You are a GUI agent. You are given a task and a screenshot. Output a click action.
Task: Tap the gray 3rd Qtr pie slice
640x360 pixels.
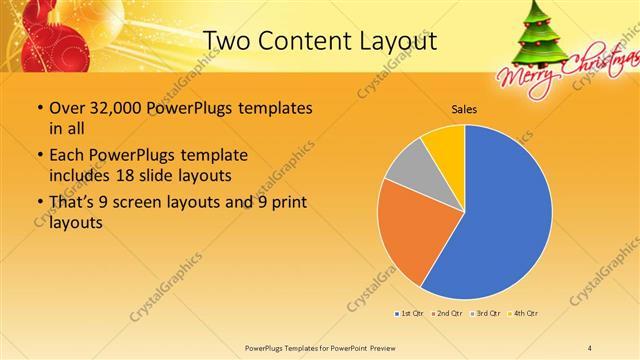[x=408, y=168]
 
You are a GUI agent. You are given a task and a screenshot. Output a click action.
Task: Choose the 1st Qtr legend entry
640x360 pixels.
[x=410, y=314]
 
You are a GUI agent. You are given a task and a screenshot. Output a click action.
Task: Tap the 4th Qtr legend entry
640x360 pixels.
[x=526, y=314]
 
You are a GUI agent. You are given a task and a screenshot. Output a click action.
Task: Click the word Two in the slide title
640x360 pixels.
[x=226, y=42]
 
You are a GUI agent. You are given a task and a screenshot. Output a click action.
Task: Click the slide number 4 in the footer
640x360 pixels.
[x=590, y=347]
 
